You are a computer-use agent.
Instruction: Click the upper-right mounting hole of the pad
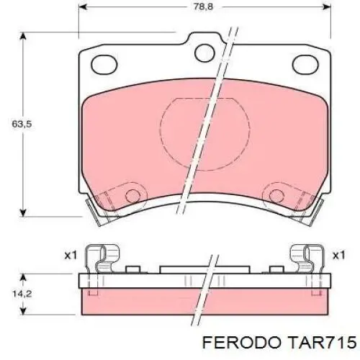click(x=206, y=51)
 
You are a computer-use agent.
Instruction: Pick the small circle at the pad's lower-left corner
click(x=132, y=195)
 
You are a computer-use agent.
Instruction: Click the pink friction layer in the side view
click(x=202, y=305)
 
